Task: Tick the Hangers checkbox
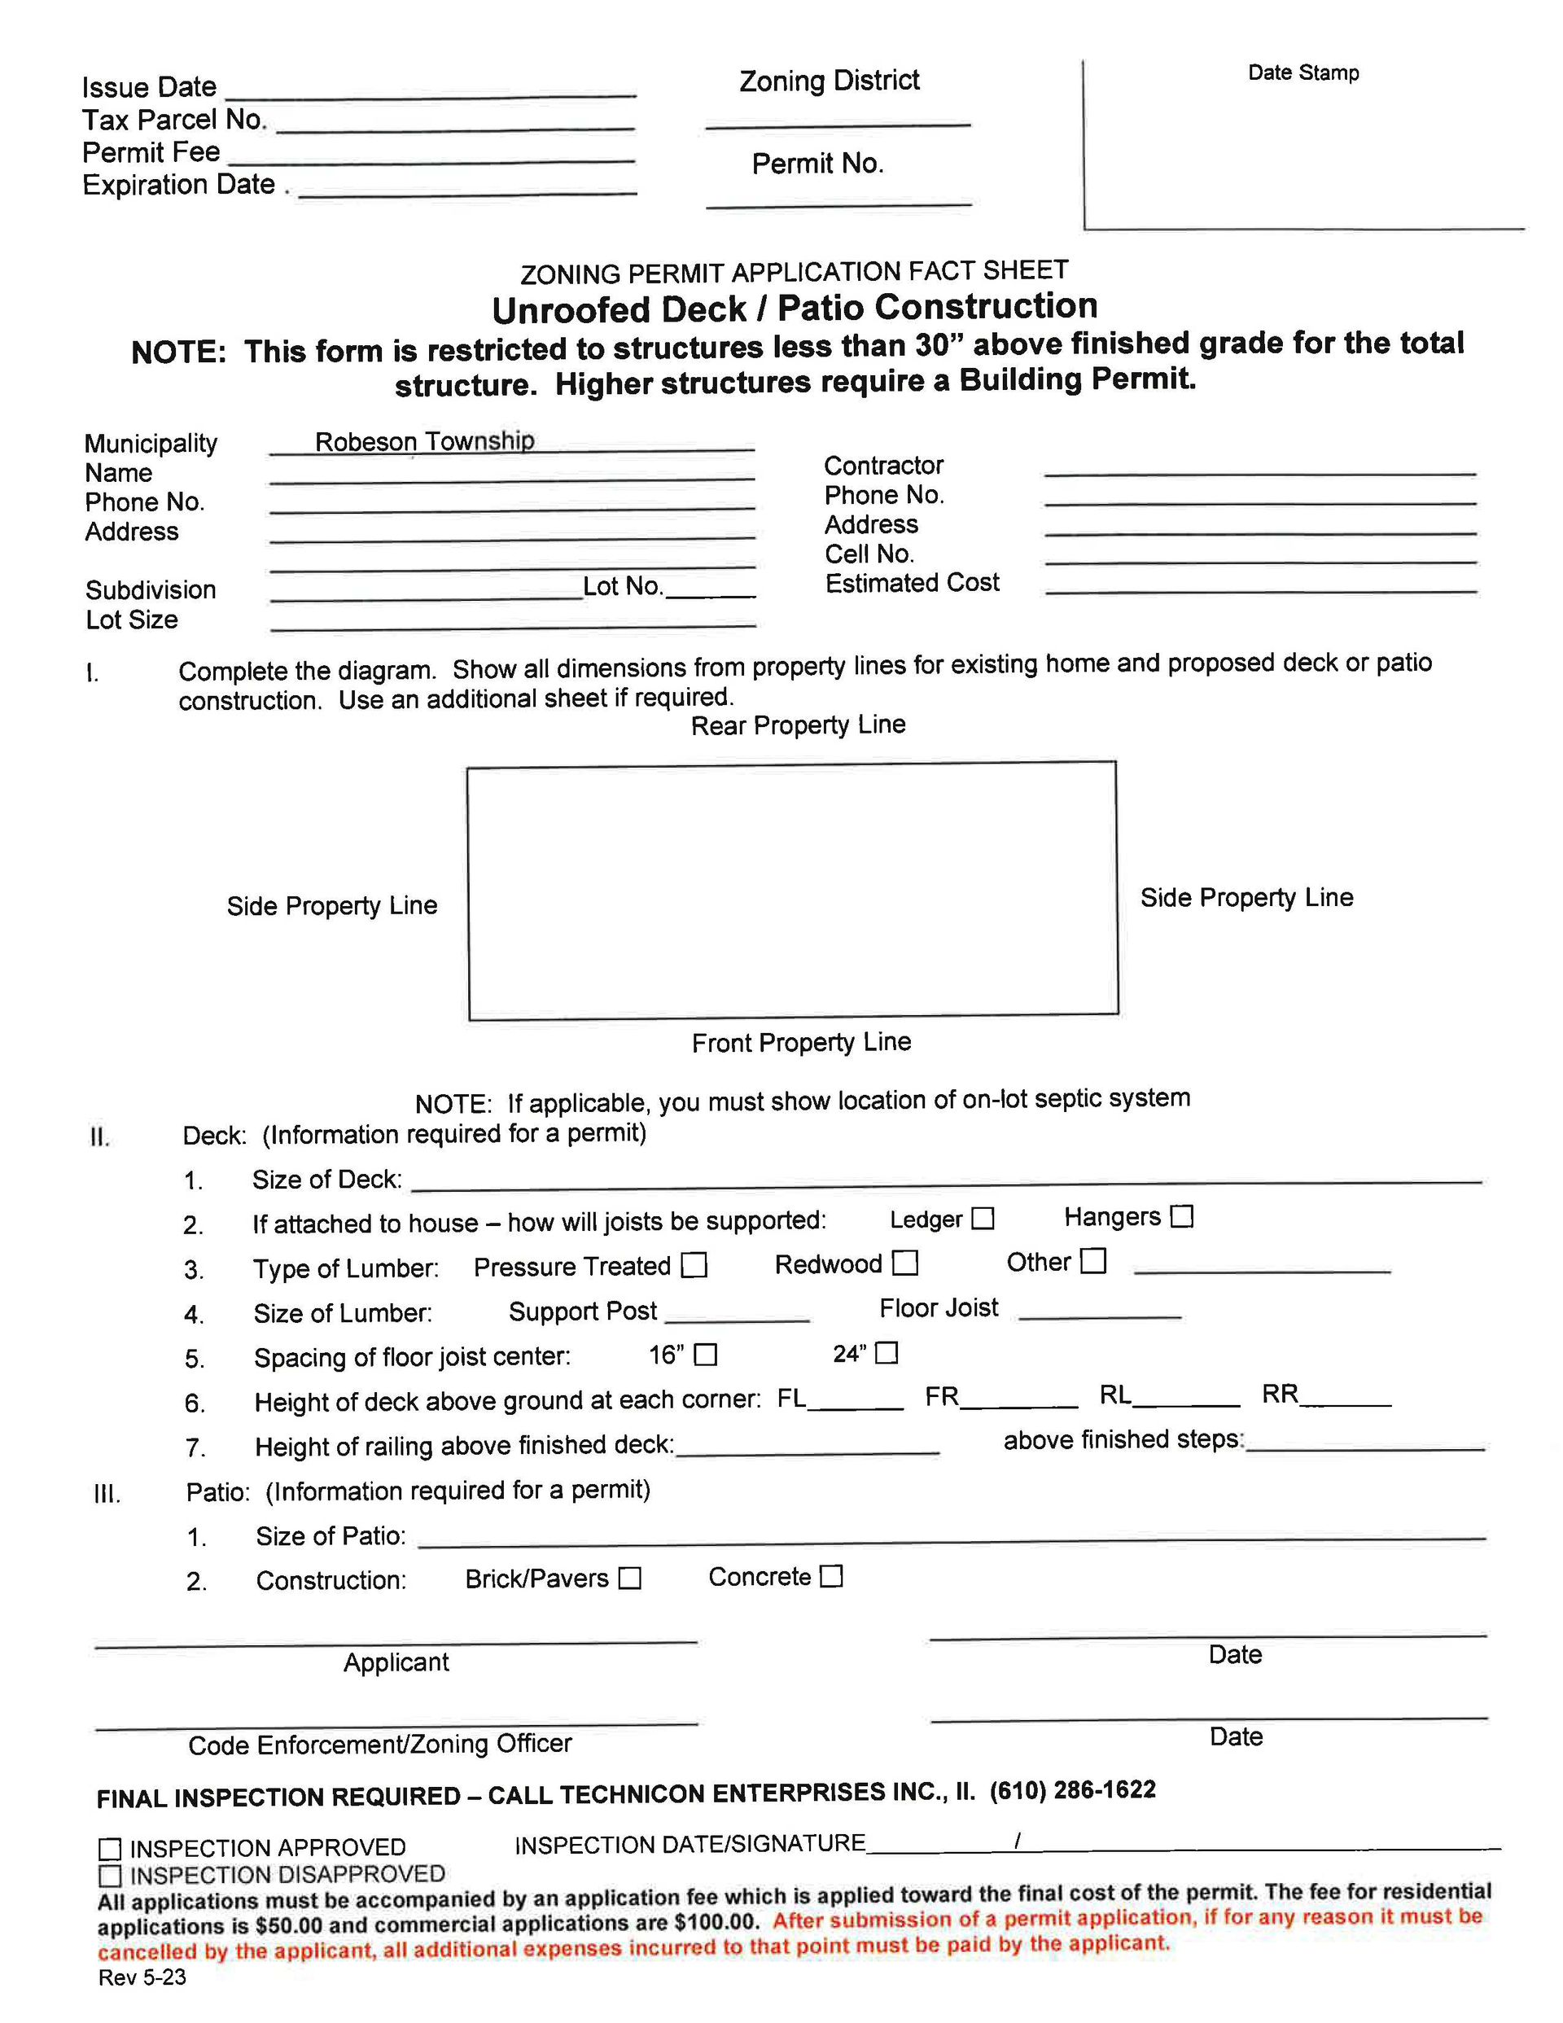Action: (1181, 1215)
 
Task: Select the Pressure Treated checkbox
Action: (694, 1265)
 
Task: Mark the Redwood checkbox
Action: (905, 1263)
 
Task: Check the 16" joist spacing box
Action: (706, 1354)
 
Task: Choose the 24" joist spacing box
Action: (887, 1352)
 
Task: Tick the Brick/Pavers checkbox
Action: (630, 1578)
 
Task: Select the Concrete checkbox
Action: (832, 1575)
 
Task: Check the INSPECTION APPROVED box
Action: (110, 1849)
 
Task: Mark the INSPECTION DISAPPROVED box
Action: (110, 1875)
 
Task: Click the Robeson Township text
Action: (424, 441)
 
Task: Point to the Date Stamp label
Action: (1302, 73)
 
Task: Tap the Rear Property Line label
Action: (798, 725)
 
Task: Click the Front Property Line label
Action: (801, 1042)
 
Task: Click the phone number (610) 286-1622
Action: (1072, 1789)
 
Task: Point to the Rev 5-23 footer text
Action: (142, 1977)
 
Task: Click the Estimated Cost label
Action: (912, 583)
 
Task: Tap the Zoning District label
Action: (830, 81)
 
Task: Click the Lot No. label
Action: (623, 586)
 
